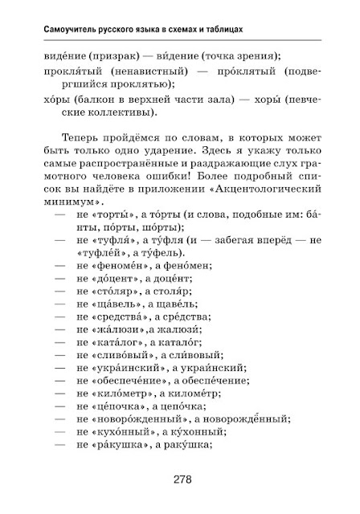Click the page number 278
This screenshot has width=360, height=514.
pyautogui.click(x=181, y=480)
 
